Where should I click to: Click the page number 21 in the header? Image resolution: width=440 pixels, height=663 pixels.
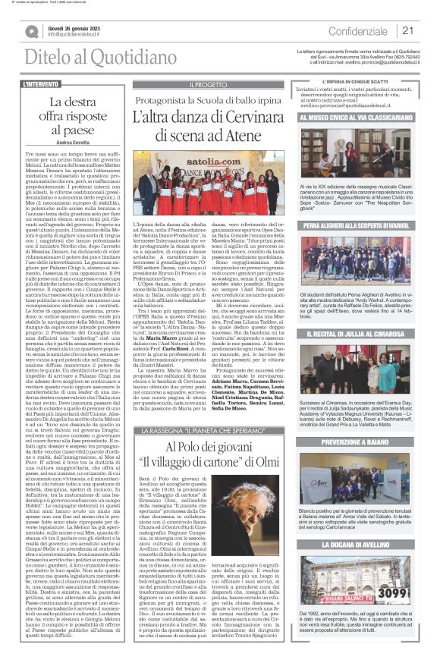tap(408, 30)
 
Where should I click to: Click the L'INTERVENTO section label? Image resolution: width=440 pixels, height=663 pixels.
tap(42, 83)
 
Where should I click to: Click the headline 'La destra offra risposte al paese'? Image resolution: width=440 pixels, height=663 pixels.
tap(71, 115)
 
